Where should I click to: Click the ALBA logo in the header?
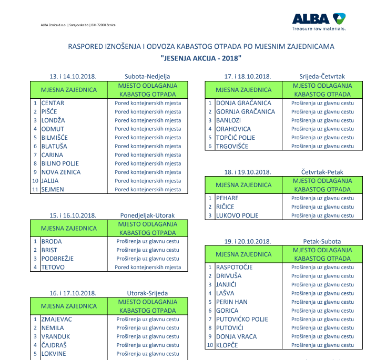tap(319, 20)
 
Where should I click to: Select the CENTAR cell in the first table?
tap(53, 103)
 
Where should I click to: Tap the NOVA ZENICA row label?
tap(61, 172)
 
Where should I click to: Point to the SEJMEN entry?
tap(53, 189)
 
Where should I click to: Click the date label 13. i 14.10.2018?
tap(73, 76)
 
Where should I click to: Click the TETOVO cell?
tap(53, 267)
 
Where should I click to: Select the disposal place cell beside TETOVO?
tap(148, 267)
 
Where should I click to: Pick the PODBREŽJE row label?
tap(57, 259)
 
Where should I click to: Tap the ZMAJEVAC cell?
tap(57, 319)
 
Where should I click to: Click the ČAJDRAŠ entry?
tap(54, 345)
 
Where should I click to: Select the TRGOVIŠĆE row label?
tap(232, 146)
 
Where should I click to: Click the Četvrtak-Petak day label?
tap(322, 172)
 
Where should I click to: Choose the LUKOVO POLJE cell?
tap(237, 215)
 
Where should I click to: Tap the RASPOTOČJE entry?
tap(234, 267)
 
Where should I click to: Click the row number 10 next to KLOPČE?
tap(210, 345)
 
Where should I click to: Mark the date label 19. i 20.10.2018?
tap(247, 241)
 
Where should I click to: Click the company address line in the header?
tap(78, 25)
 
